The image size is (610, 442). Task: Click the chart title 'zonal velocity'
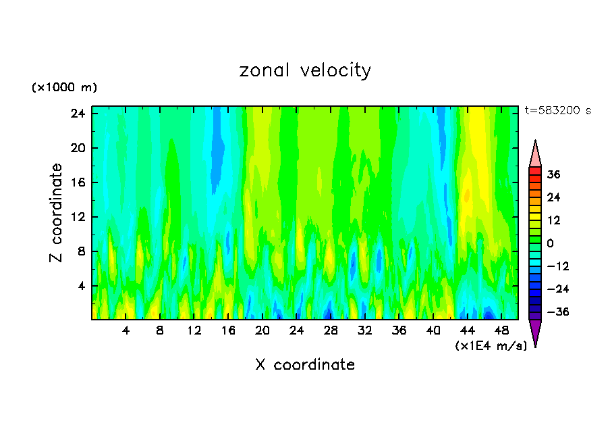pos(305,70)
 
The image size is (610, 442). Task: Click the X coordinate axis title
pos(305,365)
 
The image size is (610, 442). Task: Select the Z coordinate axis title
pos(57,213)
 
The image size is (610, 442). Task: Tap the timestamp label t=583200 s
pos(557,110)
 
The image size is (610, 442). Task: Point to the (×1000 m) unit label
pos(64,88)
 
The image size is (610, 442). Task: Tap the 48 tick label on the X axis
pos(501,331)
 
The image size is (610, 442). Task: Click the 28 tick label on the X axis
pos(331,331)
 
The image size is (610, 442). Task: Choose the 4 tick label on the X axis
pos(126,331)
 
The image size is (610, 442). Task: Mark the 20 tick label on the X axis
pos(262,331)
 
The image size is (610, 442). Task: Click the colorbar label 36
pos(553,174)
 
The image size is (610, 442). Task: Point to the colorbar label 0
pos(550,243)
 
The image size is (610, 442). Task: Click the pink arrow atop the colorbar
pos(535,154)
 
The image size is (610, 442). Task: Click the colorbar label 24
pos(553,197)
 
